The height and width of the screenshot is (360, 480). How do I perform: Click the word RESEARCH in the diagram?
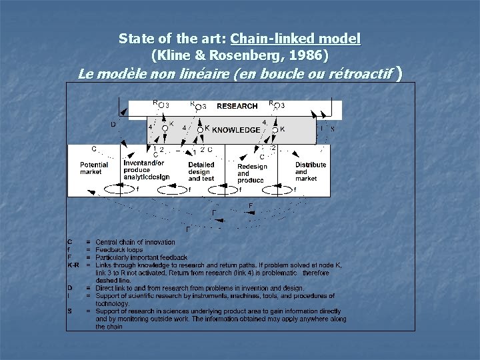click(237, 106)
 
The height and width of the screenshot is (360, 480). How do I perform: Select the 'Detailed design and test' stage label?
click(201, 171)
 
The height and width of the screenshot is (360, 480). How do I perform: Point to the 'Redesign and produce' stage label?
click(251, 173)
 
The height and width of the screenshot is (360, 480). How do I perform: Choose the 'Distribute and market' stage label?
click(311, 171)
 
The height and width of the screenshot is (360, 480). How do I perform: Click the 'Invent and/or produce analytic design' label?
click(146, 170)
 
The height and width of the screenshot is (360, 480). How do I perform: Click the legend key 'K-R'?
click(73, 265)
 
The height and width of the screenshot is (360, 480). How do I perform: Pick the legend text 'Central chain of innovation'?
click(135, 242)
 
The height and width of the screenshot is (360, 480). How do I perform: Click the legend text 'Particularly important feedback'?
click(141, 257)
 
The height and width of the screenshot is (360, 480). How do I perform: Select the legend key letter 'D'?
click(70, 288)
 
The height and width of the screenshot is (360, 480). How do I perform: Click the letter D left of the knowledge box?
click(113, 124)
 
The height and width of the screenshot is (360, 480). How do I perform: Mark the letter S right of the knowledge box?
click(332, 129)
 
